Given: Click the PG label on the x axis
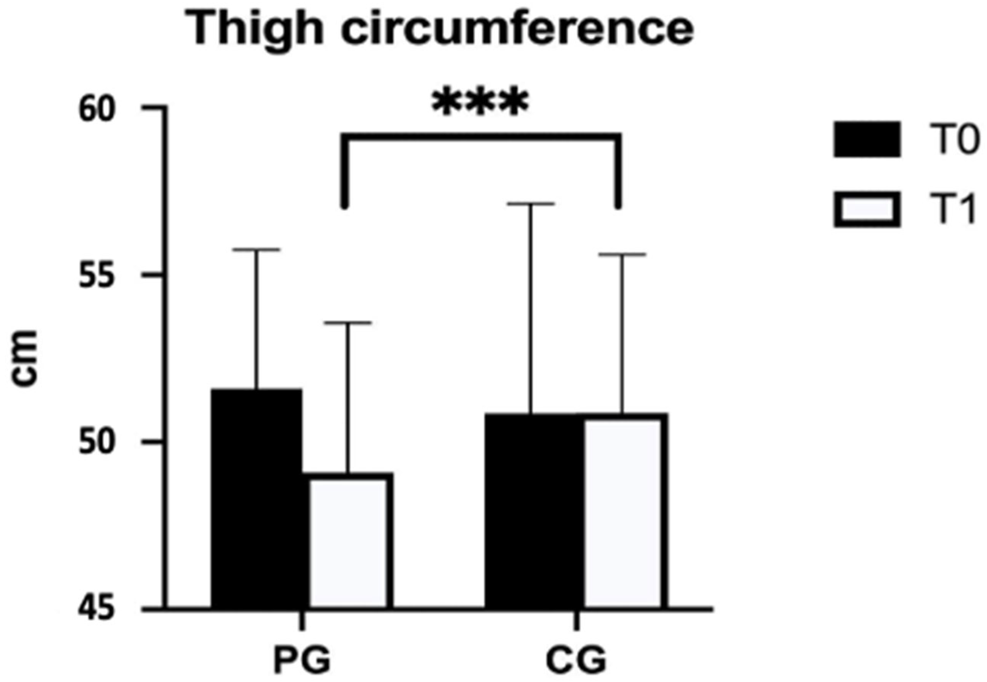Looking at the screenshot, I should tap(302, 660).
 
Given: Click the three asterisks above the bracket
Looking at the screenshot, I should tap(481, 102).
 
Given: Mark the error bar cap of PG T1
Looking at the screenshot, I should tap(348, 323).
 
